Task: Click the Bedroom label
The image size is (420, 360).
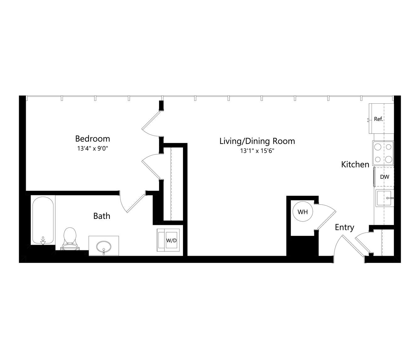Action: (x=92, y=139)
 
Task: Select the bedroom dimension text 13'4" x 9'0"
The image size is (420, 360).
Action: (x=92, y=149)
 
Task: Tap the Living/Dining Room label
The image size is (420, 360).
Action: (x=257, y=141)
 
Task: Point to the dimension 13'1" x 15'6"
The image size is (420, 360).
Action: (x=257, y=151)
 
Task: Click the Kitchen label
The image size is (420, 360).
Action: (x=355, y=165)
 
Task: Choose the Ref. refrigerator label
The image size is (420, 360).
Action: (x=379, y=119)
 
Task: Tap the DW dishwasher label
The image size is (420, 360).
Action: (x=385, y=177)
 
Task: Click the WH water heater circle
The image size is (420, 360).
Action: (x=303, y=211)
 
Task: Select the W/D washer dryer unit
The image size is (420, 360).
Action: (x=168, y=240)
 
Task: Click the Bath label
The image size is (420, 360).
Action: (x=102, y=216)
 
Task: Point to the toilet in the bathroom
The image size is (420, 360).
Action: (x=70, y=239)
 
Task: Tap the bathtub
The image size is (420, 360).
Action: (x=43, y=220)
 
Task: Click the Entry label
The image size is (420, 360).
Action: (x=345, y=227)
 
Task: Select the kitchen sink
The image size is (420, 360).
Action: (x=384, y=198)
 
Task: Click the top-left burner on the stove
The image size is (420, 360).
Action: (x=378, y=147)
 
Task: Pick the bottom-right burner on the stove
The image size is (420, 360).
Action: (x=389, y=159)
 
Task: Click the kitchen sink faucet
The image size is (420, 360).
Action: (x=390, y=198)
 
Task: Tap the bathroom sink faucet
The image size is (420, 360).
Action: (x=104, y=252)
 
